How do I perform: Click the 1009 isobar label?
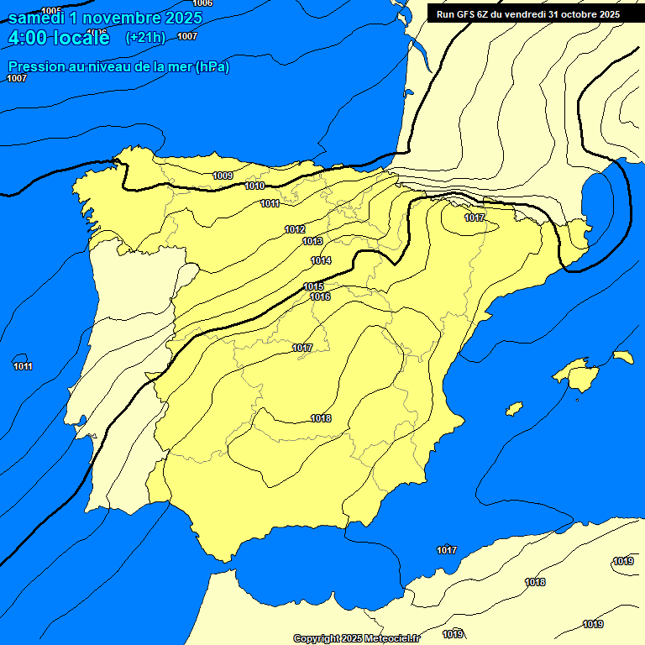(x=223, y=176)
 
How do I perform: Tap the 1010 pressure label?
(x=255, y=186)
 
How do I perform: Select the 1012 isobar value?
(x=295, y=229)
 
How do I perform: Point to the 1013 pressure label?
(x=312, y=241)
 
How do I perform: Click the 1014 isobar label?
(x=321, y=260)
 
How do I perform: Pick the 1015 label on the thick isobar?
(x=314, y=286)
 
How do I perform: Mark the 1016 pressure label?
(x=320, y=296)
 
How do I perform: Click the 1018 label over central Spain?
(x=321, y=418)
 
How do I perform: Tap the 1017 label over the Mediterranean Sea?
(x=447, y=550)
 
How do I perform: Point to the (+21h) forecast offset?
(x=145, y=37)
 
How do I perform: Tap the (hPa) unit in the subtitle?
(x=212, y=67)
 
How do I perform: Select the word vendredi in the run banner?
(x=526, y=14)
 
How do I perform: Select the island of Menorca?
(x=623, y=357)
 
